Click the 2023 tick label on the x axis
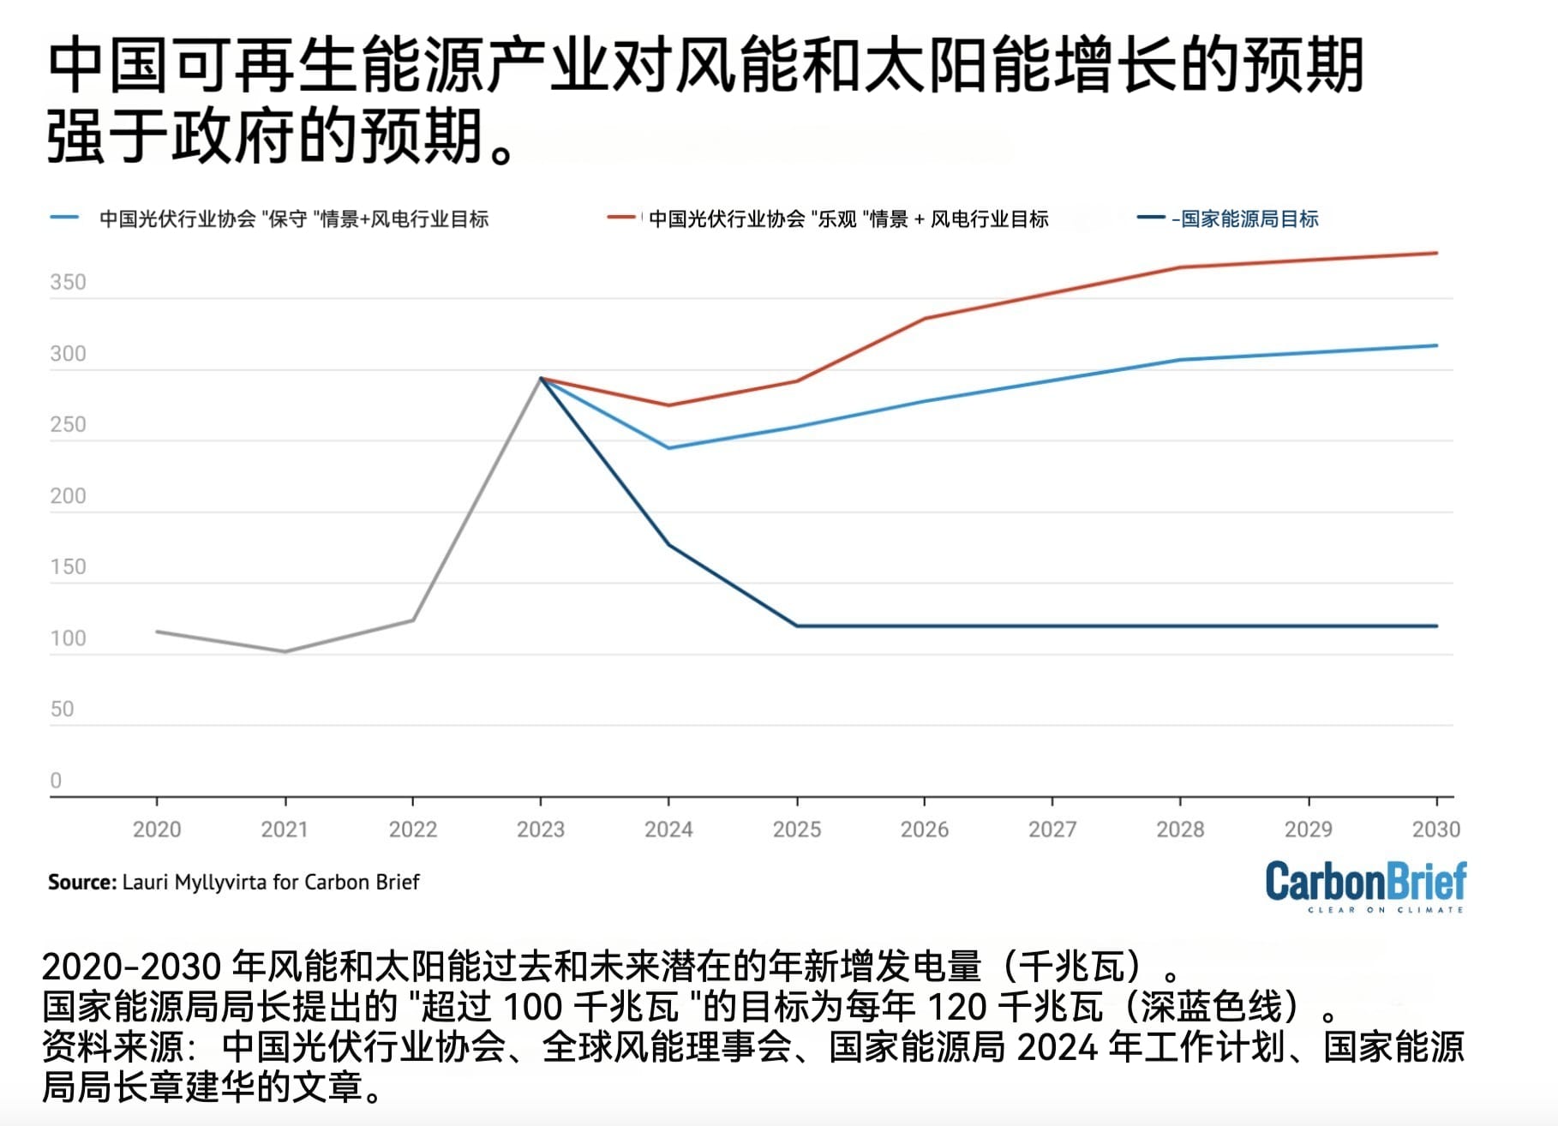(541, 829)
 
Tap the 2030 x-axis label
(1435, 829)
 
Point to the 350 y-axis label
(68, 282)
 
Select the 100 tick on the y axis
(68, 638)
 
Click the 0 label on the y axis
(56, 780)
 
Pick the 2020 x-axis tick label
(157, 829)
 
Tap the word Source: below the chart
(82, 882)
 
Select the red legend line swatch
(620, 218)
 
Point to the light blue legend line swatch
(65, 218)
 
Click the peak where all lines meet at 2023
(541, 378)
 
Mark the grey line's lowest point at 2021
(285, 651)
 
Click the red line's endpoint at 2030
(1436, 253)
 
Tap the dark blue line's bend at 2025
(797, 626)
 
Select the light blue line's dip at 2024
(668, 447)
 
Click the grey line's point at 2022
(413, 620)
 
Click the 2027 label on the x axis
(1052, 829)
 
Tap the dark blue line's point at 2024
(668, 545)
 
